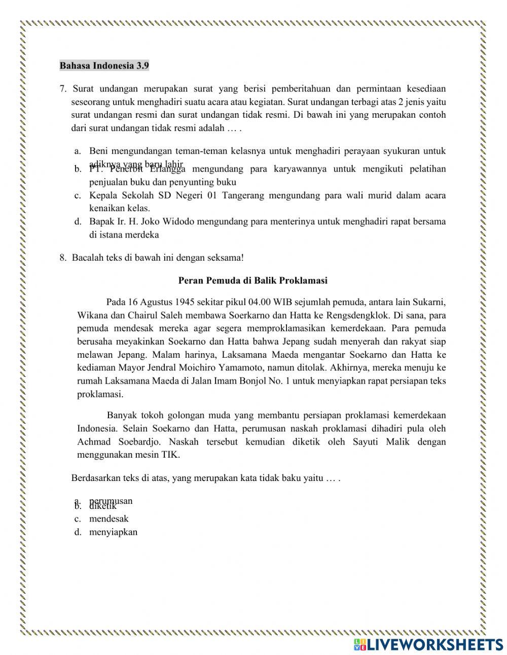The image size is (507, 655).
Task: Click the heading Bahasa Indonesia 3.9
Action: click(104, 66)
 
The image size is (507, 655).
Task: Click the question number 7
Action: click(62, 89)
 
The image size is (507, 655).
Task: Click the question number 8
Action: click(62, 257)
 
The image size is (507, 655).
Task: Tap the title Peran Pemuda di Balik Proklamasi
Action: click(253, 280)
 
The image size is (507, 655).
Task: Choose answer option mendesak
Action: click(108, 519)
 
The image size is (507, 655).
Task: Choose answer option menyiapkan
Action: click(113, 532)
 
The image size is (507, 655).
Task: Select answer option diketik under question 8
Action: click(103, 506)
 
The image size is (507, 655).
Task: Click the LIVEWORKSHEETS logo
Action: click(428, 644)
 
